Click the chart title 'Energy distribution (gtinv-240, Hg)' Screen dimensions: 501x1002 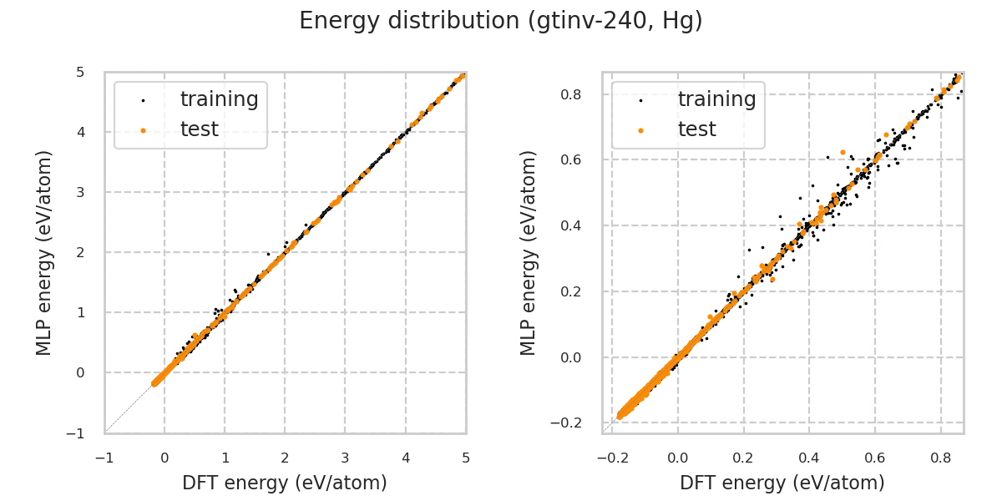click(x=501, y=21)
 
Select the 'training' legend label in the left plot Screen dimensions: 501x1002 click(x=219, y=99)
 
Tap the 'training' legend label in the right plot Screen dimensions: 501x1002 click(x=716, y=99)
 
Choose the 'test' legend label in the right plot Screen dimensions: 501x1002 click(x=696, y=129)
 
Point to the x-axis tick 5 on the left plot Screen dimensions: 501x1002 click(x=466, y=458)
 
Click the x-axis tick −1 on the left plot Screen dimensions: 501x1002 click(x=104, y=458)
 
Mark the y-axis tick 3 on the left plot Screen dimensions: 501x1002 click(x=81, y=192)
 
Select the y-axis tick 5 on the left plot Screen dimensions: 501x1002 click(x=81, y=72)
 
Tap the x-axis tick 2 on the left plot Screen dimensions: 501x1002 click(x=285, y=458)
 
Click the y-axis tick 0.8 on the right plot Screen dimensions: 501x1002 click(x=572, y=94)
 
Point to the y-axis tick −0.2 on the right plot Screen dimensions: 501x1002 click(x=568, y=423)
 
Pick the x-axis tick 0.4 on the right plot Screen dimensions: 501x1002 click(x=809, y=458)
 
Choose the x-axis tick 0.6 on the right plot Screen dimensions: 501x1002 click(x=875, y=458)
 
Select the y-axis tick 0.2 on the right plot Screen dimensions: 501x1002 click(x=572, y=291)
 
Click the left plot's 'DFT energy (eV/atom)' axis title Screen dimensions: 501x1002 click(x=285, y=483)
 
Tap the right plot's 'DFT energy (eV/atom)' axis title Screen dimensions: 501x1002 click(x=782, y=483)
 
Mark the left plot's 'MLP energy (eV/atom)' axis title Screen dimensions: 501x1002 click(x=44, y=252)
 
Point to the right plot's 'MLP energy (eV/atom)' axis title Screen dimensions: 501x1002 click(x=529, y=252)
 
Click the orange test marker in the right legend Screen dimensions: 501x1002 click(x=640, y=130)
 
